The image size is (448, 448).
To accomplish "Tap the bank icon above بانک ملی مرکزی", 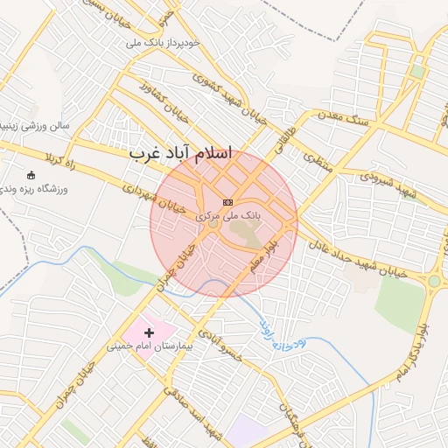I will [228, 202].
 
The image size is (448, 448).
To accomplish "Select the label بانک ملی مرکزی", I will [228, 214].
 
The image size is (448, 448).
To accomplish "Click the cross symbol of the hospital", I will [150, 332].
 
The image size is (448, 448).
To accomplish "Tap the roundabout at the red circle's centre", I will [213, 225].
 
